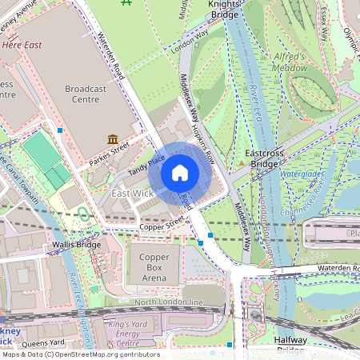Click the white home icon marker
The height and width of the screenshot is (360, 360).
pos(180,173)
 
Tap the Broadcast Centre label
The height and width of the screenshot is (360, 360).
pos(93,94)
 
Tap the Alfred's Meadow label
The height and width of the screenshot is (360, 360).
pos(289,62)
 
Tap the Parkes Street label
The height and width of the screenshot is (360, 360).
pos(109,149)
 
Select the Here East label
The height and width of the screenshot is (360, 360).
pos(22,46)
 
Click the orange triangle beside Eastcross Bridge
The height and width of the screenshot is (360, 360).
pos(241,163)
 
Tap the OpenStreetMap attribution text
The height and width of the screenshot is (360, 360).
pos(80,354)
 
